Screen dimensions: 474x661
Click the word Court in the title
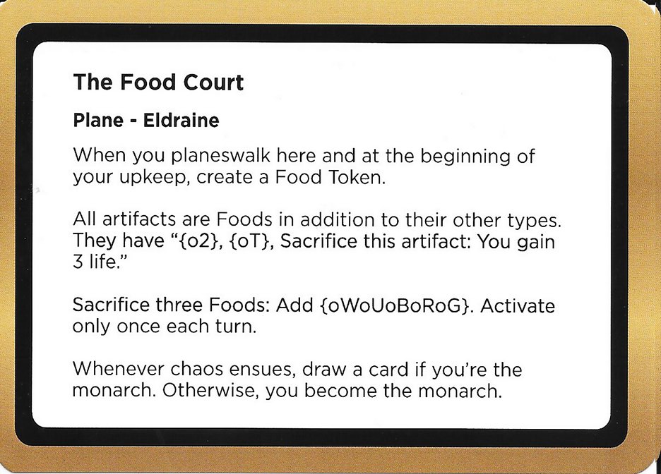(209, 83)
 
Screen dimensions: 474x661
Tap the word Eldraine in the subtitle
(181, 121)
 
